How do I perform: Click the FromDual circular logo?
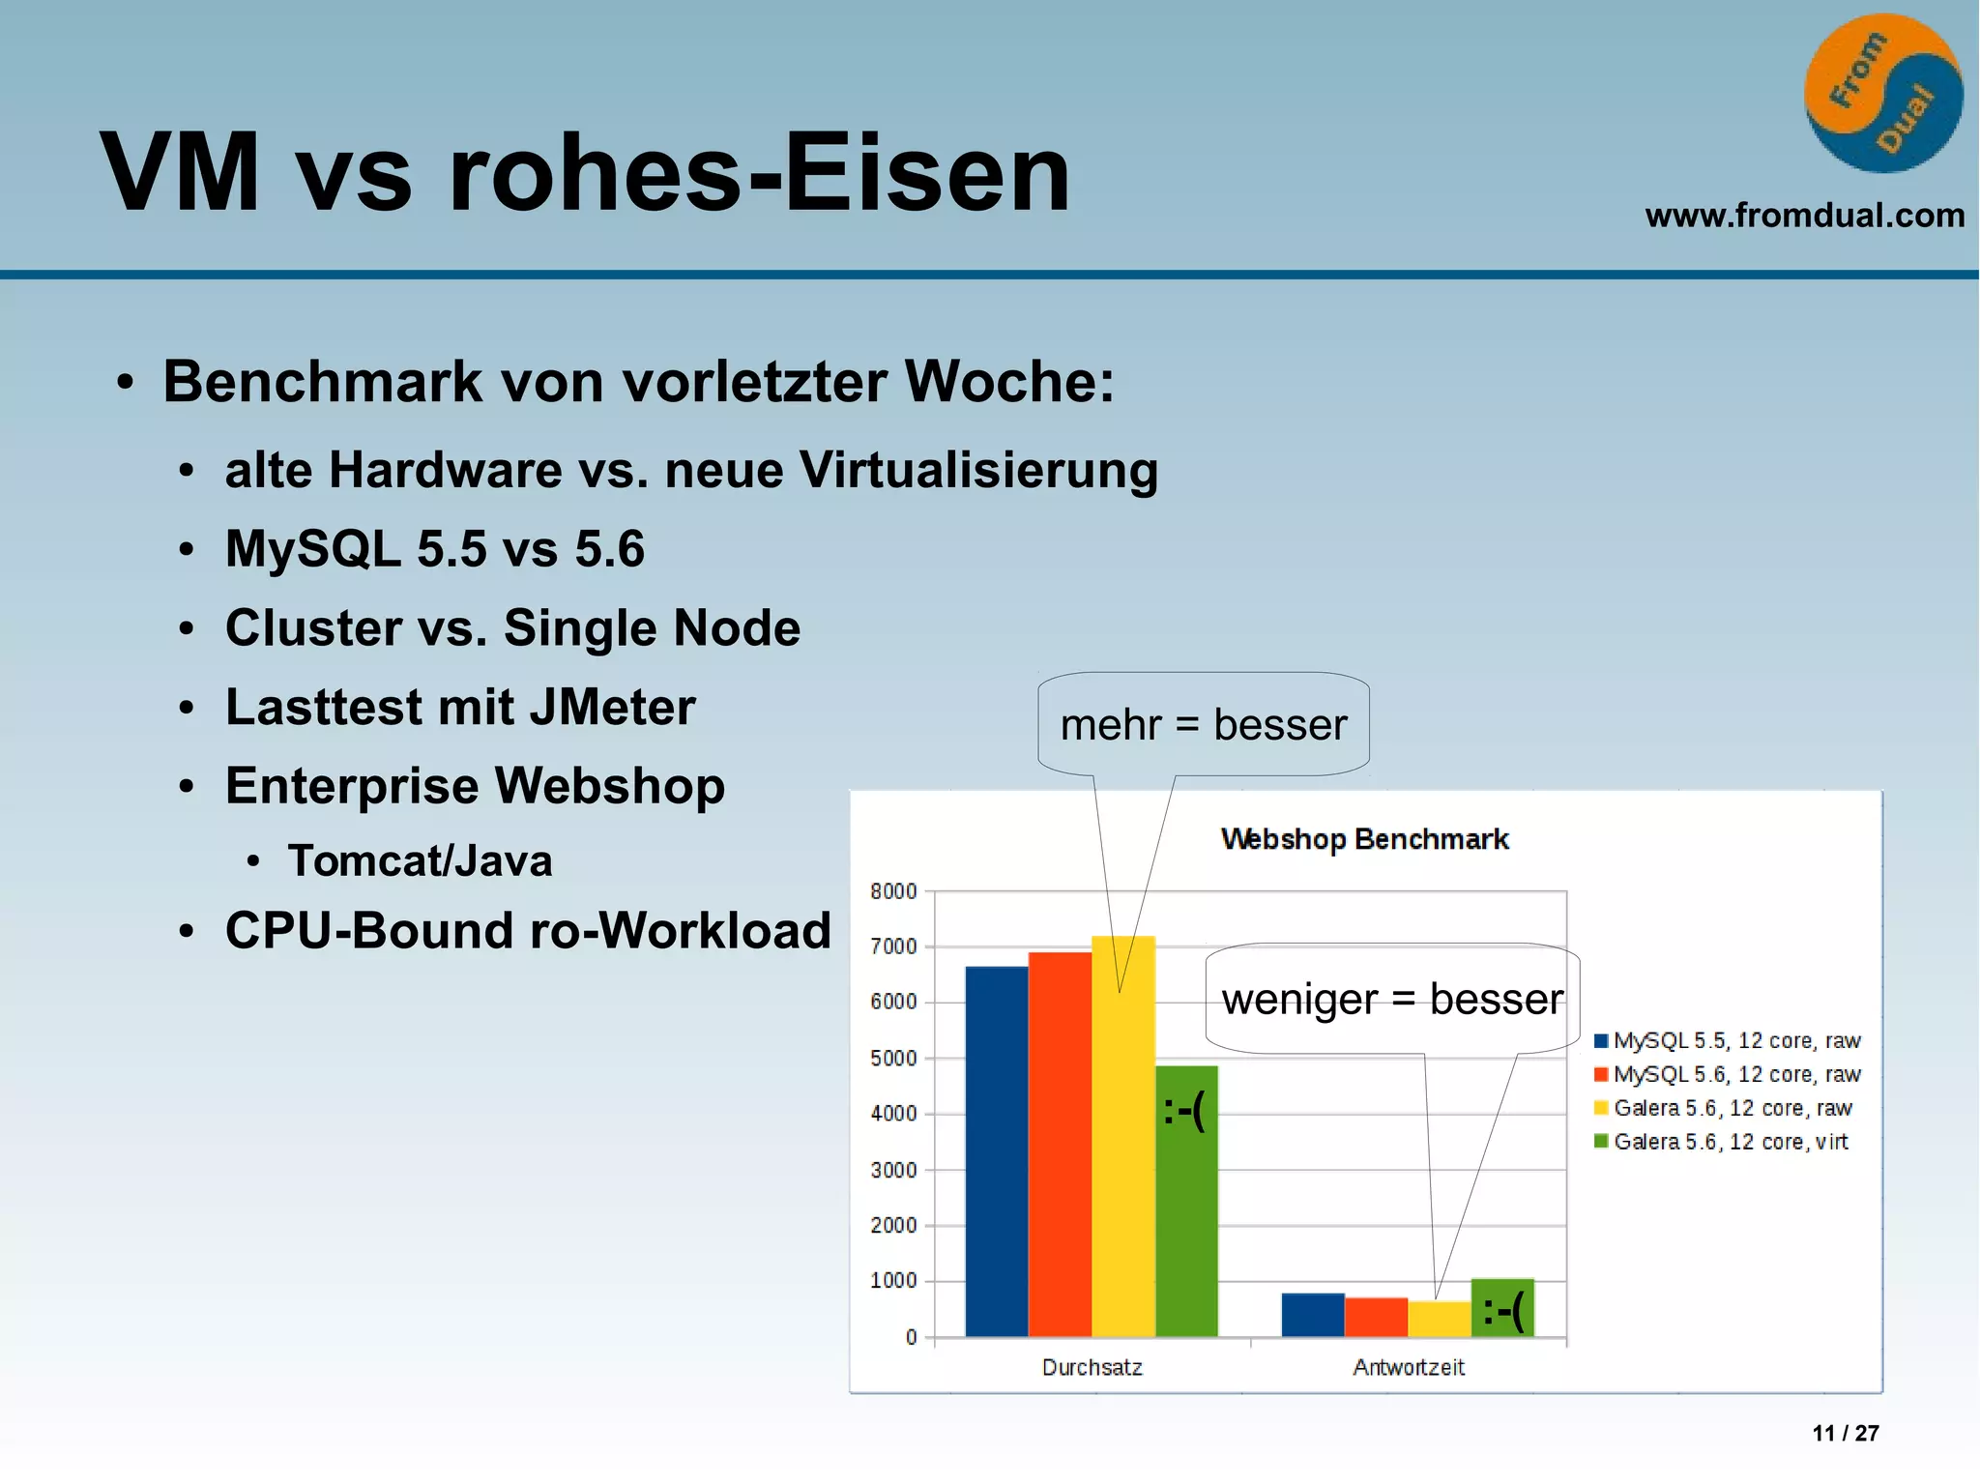(1882, 94)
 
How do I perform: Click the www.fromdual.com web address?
(1804, 215)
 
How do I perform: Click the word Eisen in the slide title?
(926, 173)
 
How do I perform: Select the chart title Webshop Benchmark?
(1364, 839)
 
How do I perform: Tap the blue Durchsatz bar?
(996, 1150)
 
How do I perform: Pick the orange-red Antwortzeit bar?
(1375, 1317)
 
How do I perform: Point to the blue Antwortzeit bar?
(1312, 1315)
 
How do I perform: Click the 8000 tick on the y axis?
(893, 891)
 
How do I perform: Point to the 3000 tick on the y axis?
(893, 1170)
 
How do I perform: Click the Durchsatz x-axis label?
(1092, 1367)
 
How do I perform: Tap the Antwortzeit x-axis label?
(1408, 1367)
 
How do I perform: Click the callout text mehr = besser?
(1203, 725)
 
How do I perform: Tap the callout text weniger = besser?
(1391, 999)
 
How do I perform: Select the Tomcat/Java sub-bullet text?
(420, 860)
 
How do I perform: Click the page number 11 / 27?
(1845, 1433)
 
